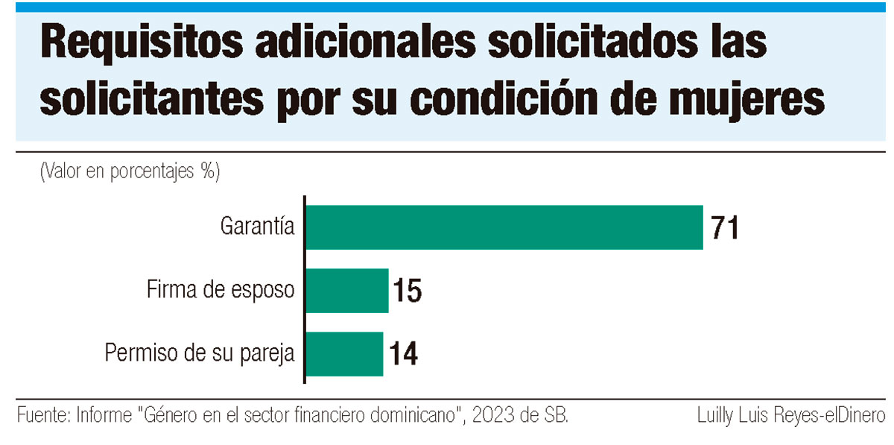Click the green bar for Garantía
coord(504,227)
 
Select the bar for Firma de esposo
coord(347,291)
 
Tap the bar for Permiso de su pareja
coord(344,354)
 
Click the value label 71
coord(724,228)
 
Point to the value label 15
coord(407,291)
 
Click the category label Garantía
coord(258,226)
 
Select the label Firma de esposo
coord(221,290)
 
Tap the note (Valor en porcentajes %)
coord(130,171)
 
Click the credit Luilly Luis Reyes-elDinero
coord(791,414)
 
